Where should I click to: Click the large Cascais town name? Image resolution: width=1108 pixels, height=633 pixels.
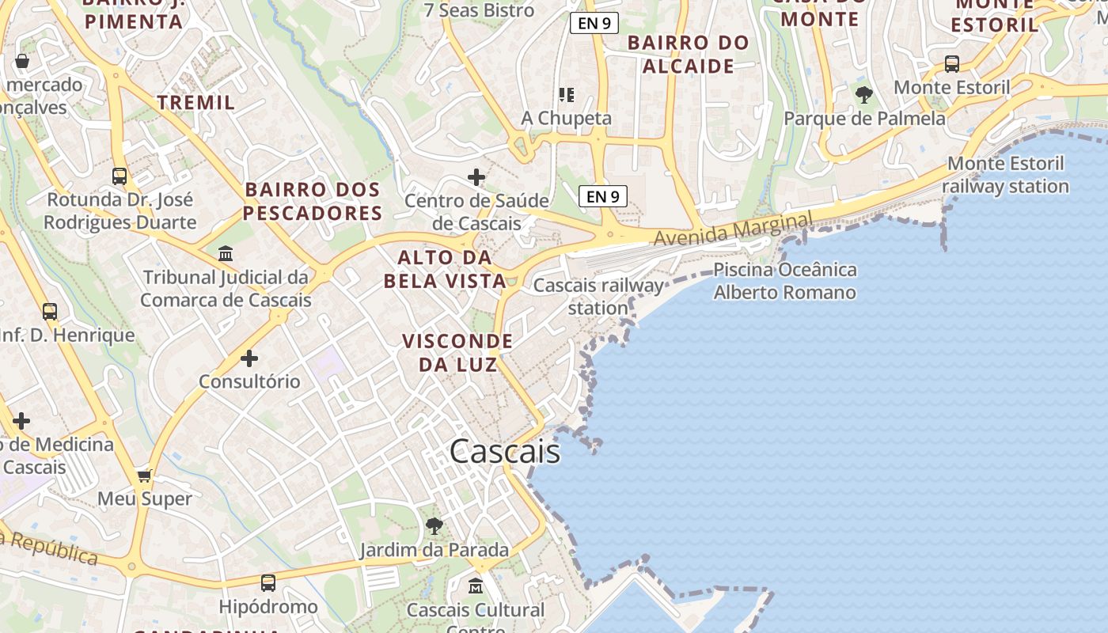[505, 452]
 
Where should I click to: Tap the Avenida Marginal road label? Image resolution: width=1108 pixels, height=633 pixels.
[733, 229]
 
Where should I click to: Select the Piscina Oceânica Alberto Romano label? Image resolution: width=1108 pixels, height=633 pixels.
[784, 281]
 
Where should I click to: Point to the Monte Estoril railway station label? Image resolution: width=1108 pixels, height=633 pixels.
[1005, 175]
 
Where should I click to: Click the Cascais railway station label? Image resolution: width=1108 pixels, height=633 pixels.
[598, 296]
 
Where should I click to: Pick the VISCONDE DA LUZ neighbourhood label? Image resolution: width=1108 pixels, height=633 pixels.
[457, 352]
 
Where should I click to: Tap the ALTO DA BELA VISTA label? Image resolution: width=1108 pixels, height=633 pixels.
[445, 269]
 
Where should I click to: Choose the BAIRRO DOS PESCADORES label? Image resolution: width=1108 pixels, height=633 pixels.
[313, 201]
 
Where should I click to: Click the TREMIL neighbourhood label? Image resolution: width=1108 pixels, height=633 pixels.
[196, 102]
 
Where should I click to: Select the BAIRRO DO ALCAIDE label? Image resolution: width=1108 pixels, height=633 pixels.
[689, 54]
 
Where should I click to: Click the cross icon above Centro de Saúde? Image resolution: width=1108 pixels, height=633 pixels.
[476, 176]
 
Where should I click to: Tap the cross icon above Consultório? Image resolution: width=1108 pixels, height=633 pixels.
[249, 358]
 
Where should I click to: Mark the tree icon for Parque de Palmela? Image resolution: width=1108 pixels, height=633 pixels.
[864, 95]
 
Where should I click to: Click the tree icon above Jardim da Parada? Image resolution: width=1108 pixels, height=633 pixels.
[434, 525]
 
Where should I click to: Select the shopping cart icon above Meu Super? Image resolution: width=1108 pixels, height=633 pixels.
[144, 476]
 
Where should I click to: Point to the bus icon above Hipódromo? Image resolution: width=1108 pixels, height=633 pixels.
[268, 583]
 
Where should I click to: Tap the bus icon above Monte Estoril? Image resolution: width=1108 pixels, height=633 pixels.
[952, 63]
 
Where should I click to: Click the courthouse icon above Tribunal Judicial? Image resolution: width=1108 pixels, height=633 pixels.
[226, 254]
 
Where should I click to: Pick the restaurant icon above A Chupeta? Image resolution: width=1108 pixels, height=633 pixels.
[566, 95]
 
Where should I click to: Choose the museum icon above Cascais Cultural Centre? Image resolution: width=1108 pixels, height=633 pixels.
[476, 586]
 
